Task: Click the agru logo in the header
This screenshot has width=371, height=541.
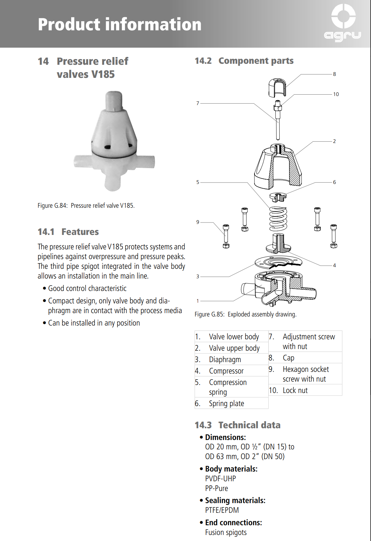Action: tap(343, 23)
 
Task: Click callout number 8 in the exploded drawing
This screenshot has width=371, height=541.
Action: tap(334, 74)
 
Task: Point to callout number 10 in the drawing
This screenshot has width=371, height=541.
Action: tap(336, 94)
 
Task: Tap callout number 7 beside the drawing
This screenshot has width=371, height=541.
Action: tap(198, 103)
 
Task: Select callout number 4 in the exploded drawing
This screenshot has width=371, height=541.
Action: tap(334, 265)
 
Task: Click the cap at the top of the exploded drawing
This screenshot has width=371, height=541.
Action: tap(277, 87)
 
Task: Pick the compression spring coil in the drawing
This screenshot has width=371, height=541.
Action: tap(278, 218)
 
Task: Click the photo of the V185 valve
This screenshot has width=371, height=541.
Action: tap(113, 141)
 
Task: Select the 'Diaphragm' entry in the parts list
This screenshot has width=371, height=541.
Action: tap(225, 359)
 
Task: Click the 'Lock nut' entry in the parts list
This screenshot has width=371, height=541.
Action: tap(295, 390)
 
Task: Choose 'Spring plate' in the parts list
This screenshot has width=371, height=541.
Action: tap(226, 403)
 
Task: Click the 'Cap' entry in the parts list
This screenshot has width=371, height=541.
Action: tap(288, 358)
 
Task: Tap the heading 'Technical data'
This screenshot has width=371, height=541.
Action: tap(249, 425)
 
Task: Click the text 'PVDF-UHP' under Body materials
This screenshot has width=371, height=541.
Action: tap(221, 479)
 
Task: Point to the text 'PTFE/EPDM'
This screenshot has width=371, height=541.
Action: tap(222, 510)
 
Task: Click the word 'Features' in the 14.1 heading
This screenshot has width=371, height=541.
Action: tap(80, 232)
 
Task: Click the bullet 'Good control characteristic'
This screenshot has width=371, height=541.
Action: tap(87, 288)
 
